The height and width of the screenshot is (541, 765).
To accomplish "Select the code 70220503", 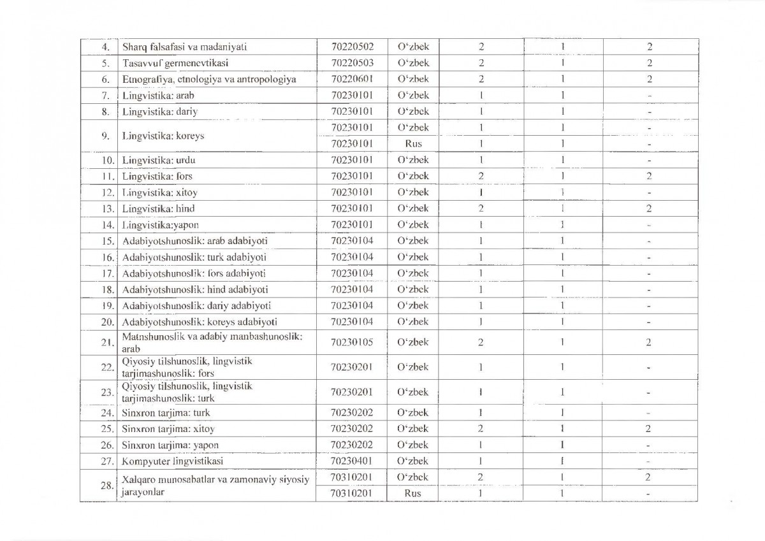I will [353, 63].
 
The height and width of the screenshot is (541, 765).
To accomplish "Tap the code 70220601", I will [353, 79].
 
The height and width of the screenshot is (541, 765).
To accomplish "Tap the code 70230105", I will [353, 342].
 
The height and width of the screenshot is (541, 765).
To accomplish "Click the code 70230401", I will [353, 461].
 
